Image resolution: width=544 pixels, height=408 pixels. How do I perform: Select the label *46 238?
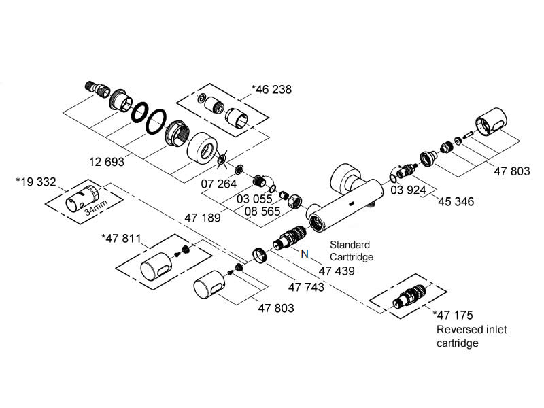click(x=272, y=89)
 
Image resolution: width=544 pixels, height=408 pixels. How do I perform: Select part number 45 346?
click(x=456, y=202)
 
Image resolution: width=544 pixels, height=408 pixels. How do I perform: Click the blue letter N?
click(x=305, y=254)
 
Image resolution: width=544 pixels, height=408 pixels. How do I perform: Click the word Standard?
click(x=350, y=244)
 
